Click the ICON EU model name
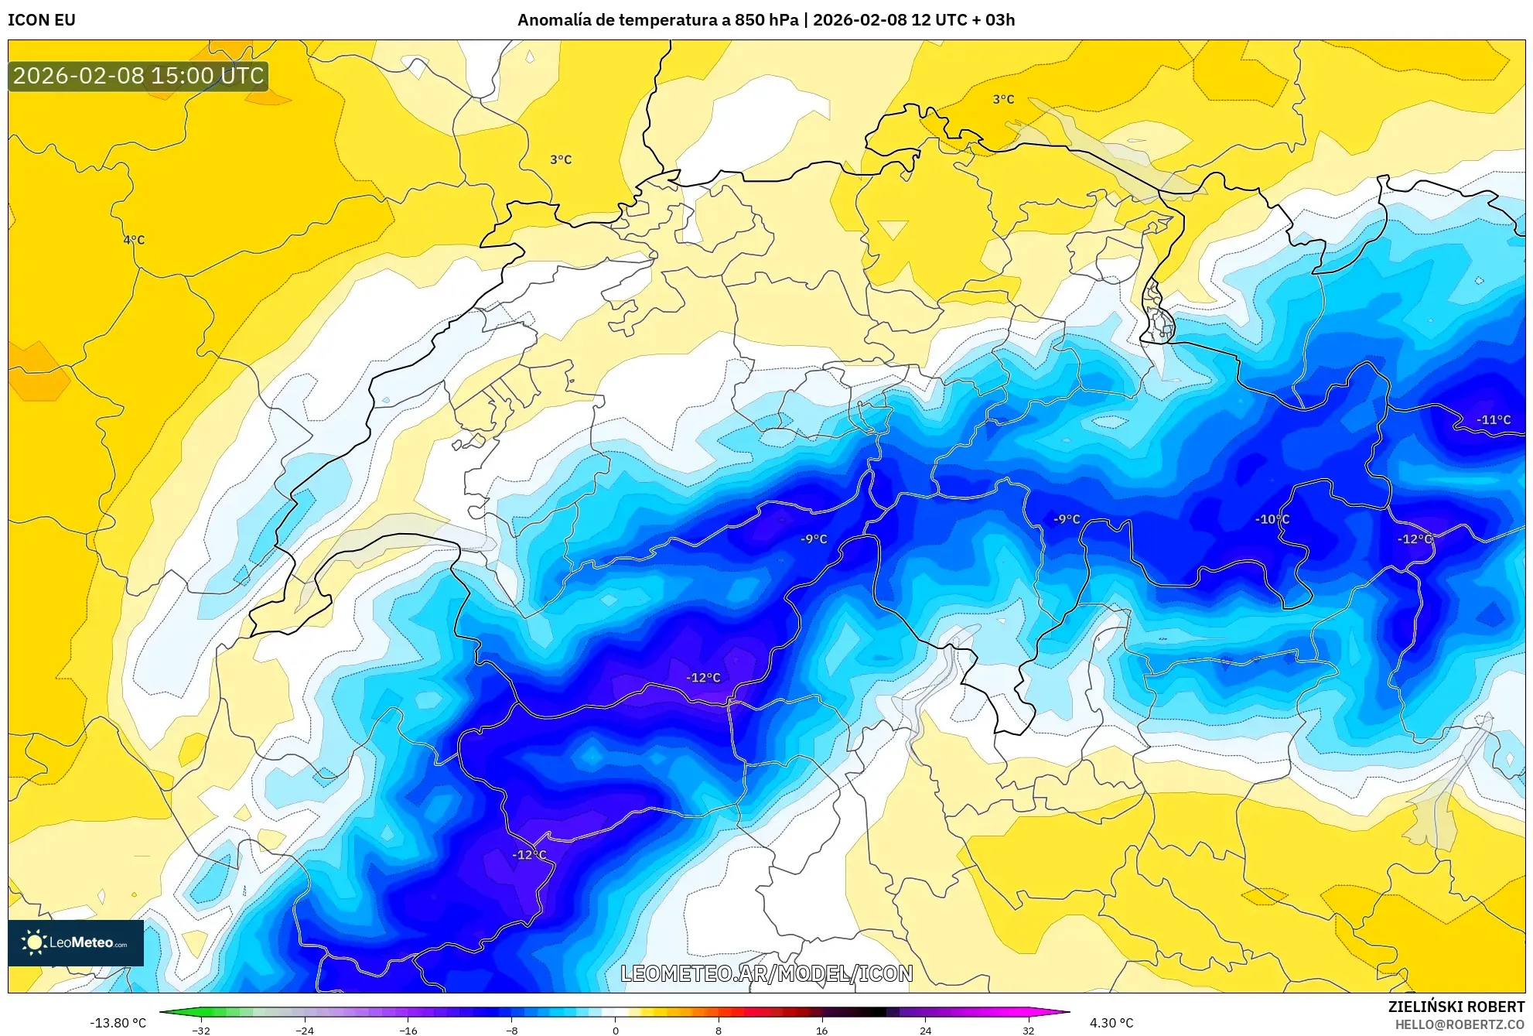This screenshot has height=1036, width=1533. tap(42, 20)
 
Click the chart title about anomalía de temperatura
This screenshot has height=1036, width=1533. tap(766, 20)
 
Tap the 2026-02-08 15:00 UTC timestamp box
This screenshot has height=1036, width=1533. tap(138, 76)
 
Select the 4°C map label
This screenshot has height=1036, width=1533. tap(134, 240)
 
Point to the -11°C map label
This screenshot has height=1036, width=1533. tap(1493, 420)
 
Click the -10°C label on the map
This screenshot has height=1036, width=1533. tap(1272, 519)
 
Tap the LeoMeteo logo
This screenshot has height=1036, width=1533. tap(76, 942)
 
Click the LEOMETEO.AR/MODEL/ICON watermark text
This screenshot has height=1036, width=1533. tap(766, 973)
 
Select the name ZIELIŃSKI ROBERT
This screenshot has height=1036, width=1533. tap(1456, 1007)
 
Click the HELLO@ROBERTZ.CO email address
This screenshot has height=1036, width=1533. tap(1459, 1024)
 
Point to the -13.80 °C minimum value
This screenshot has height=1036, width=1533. tap(118, 1023)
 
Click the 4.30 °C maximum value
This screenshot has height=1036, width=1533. tap(1111, 1023)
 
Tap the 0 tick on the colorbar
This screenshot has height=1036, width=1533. tap(615, 1031)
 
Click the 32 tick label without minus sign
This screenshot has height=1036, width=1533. tap(1028, 1031)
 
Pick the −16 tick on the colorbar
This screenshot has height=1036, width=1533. tap(408, 1031)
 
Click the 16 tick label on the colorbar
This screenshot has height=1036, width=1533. tap(821, 1031)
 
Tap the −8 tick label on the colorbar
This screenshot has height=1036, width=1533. tap(511, 1031)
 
